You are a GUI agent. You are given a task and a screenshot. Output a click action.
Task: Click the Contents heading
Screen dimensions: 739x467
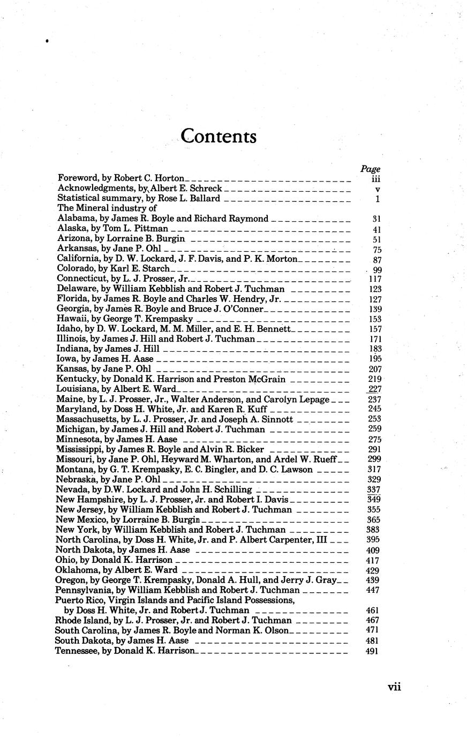click(x=219, y=136)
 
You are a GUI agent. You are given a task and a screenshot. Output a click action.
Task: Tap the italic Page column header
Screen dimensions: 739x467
click(x=370, y=169)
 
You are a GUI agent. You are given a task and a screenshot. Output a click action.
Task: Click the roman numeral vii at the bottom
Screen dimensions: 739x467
click(x=394, y=687)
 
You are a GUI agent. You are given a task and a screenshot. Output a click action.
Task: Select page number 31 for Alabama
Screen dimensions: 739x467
click(x=375, y=219)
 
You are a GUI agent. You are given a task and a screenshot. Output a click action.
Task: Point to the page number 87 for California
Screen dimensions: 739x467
click(x=375, y=259)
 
